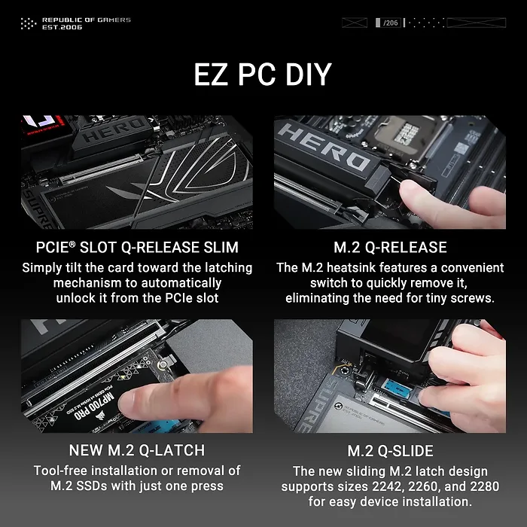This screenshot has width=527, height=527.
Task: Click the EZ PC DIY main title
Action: tap(263, 75)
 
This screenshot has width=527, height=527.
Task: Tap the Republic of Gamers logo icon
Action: tap(28, 23)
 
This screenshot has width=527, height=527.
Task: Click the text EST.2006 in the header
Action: tap(62, 27)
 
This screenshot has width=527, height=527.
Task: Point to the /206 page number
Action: tap(390, 23)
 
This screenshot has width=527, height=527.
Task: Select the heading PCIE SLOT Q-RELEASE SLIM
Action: tap(137, 248)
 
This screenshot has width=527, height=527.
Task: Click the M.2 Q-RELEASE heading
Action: tap(390, 248)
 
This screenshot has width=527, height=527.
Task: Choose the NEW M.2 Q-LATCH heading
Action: tap(137, 451)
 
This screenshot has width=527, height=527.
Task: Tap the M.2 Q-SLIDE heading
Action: tap(390, 451)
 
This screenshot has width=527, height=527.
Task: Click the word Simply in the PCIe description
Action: tap(44, 268)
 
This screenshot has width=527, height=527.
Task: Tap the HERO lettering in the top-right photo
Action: tap(324, 147)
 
